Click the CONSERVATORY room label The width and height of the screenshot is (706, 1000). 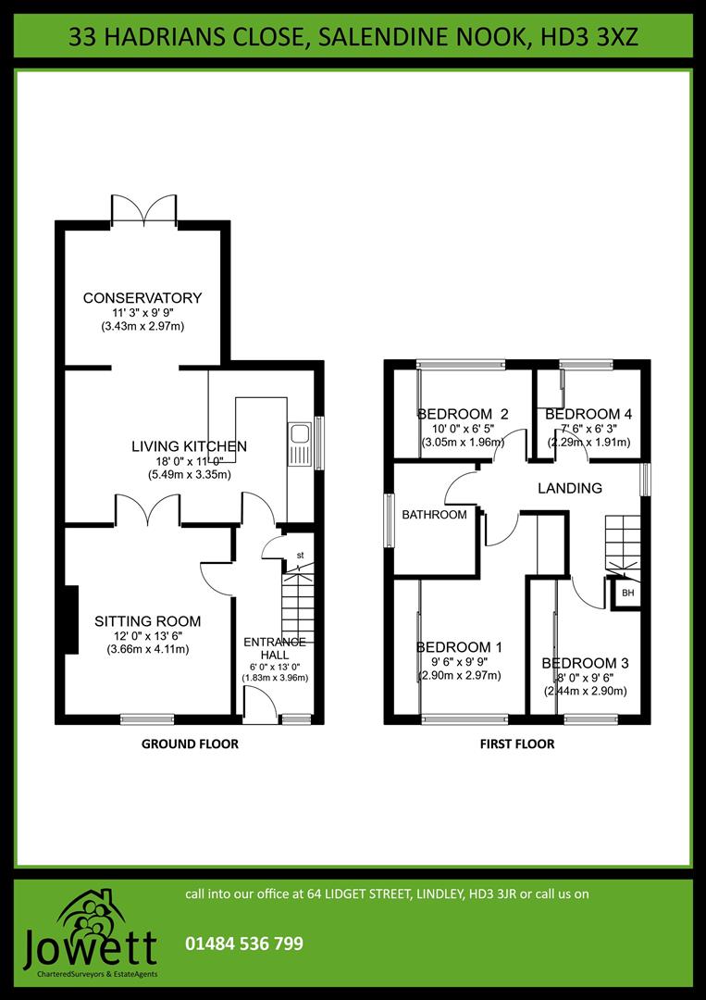142,298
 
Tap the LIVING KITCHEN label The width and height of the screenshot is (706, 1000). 189,446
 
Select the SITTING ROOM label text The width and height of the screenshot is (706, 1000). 148,621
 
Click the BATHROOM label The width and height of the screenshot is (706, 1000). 434,515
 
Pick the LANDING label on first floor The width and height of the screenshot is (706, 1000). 570,488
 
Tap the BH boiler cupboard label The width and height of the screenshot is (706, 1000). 627,593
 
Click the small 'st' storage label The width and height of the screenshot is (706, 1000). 299,556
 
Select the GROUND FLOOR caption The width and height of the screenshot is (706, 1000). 190,744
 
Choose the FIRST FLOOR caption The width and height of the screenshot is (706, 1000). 517,744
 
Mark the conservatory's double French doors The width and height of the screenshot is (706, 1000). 143,209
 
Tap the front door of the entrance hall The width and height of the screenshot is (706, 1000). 260,708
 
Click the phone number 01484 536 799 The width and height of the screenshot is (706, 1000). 244,944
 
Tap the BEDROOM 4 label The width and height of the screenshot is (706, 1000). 588,414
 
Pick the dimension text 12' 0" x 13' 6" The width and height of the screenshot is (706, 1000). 148,636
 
